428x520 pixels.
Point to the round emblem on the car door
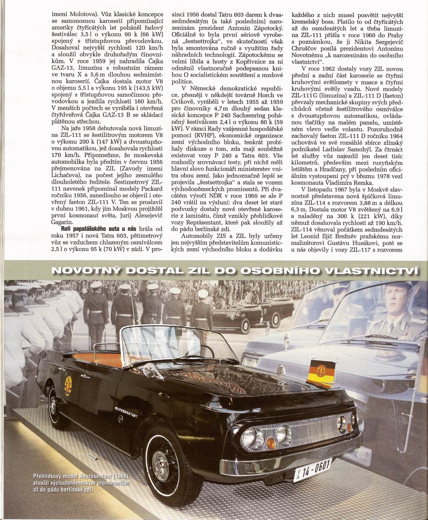click(x=68, y=385)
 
